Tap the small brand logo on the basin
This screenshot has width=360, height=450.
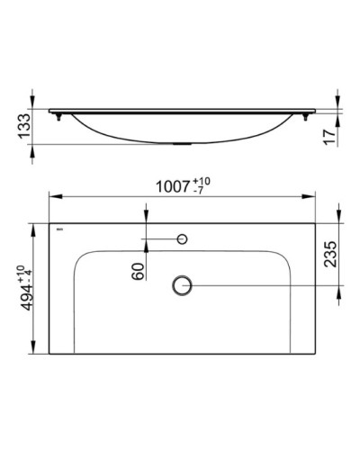click(60, 231)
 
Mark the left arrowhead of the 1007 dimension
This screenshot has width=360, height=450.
click(51, 198)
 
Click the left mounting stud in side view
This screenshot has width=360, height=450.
click(58, 114)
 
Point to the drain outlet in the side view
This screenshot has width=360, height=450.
click(183, 142)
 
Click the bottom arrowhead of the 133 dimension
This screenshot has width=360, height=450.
click(34, 148)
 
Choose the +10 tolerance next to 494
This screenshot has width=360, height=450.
click(19, 273)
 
